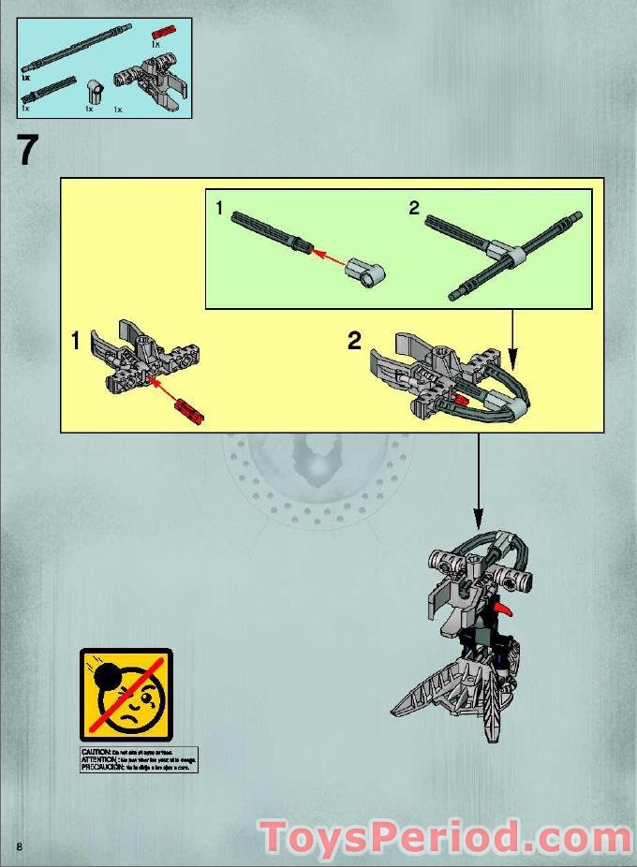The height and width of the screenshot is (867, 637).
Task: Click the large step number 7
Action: [x=29, y=151]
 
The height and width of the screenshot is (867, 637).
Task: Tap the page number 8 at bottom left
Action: [x=18, y=846]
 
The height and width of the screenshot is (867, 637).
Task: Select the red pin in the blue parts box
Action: [x=163, y=33]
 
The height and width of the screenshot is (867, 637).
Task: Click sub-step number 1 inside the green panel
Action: [x=219, y=209]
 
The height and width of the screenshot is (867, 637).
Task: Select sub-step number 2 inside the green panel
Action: [x=414, y=209]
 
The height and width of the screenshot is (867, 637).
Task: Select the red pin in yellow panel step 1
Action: [x=188, y=408]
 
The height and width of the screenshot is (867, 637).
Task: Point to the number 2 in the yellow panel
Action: [x=354, y=341]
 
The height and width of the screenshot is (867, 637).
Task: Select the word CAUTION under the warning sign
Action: [x=96, y=752]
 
